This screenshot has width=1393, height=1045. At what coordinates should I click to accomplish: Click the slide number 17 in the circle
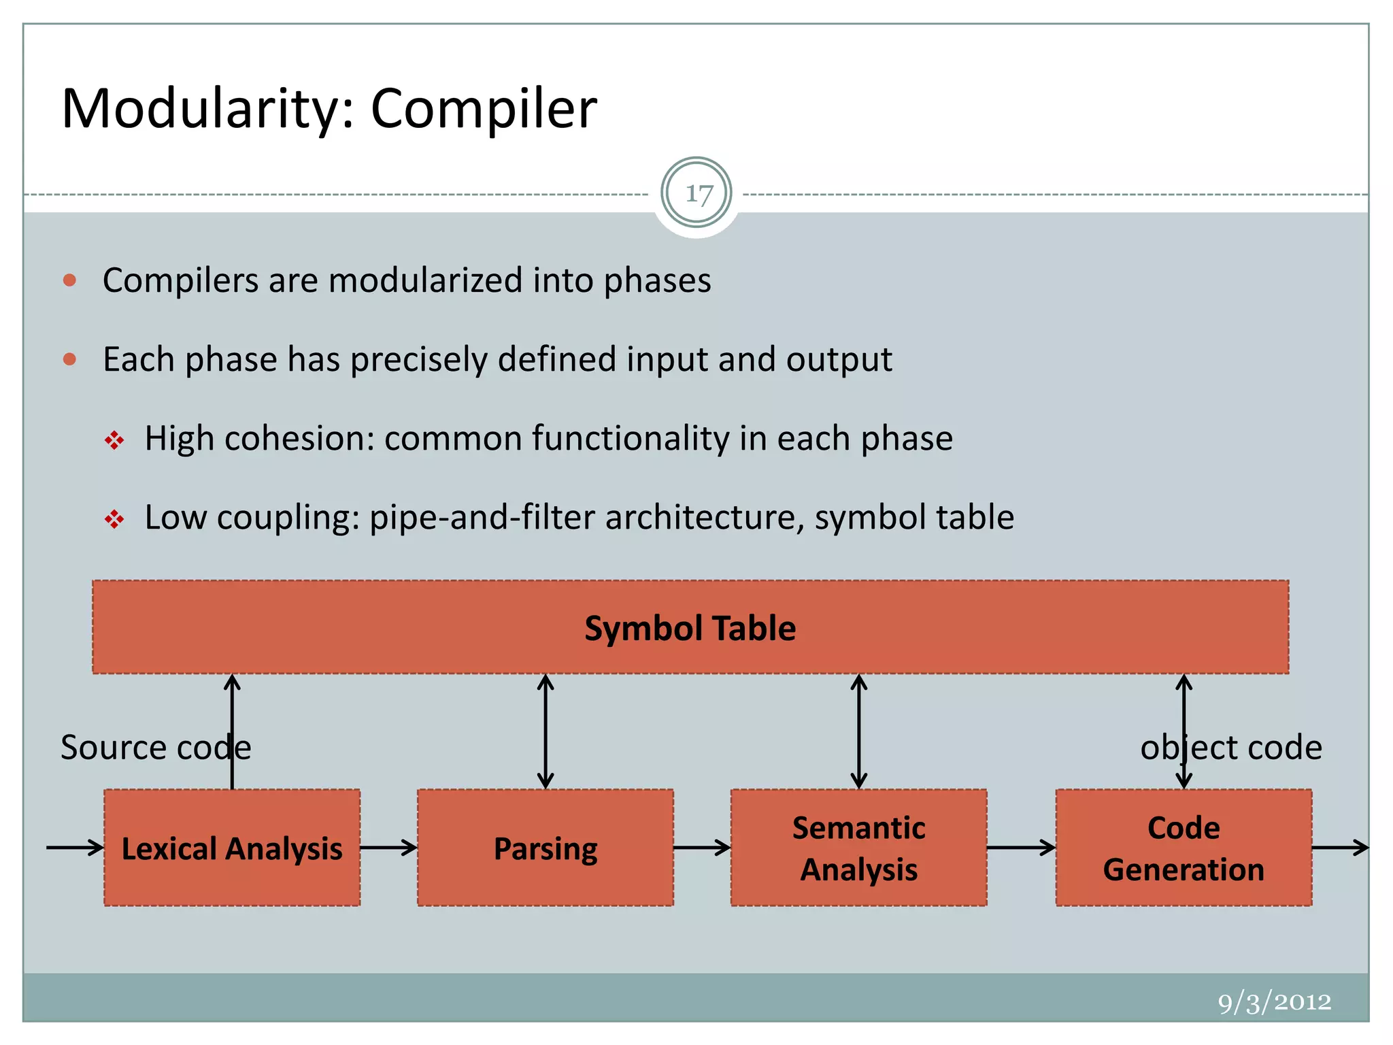[x=697, y=194]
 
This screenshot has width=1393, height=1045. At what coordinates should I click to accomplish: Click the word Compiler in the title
[x=483, y=109]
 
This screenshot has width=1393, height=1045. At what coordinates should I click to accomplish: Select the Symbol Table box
[x=690, y=627]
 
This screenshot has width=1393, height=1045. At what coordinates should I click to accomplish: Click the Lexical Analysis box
[x=232, y=848]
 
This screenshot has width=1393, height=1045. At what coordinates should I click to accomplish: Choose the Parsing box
[x=546, y=848]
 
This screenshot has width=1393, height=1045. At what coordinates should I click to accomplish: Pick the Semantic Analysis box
[x=858, y=848]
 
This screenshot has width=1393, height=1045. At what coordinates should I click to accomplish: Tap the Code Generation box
[x=1184, y=848]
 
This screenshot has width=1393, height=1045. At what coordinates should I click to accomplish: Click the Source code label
[x=156, y=748]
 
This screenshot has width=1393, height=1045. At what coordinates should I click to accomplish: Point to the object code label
[x=1231, y=748]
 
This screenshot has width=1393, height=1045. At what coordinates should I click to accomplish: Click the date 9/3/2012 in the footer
[x=1274, y=1002]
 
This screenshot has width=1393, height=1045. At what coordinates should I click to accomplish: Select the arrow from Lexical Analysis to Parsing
[x=388, y=848]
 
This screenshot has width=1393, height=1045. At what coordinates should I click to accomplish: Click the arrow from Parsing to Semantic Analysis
[x=702, y=848]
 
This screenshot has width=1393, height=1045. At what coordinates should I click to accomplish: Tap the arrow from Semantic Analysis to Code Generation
[x=1021, y=848]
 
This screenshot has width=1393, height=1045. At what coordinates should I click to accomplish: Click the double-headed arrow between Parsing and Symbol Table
[x=546, y=731]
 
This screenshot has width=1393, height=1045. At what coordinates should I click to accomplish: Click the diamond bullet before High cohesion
[x=114, y=441]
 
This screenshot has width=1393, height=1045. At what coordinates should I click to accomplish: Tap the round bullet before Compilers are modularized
[x=69, y=280]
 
